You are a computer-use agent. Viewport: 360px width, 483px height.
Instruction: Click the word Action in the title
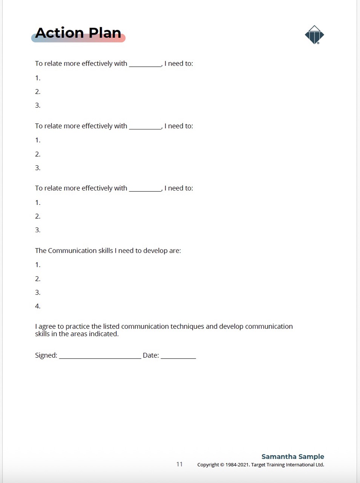[60, 33]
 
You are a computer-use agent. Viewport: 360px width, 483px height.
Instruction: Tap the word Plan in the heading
[105, 33]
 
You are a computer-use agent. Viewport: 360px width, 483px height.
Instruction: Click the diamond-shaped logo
[314, 35]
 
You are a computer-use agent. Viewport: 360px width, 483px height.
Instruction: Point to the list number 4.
[37, 306]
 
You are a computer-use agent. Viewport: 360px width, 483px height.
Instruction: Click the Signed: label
[46, 355]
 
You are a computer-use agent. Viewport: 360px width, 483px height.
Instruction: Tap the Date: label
[151, 355]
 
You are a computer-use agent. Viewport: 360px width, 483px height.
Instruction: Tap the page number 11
[179, 464]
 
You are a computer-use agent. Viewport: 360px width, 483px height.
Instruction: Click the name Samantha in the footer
[279, 457]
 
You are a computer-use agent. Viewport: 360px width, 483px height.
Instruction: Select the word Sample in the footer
[311, 457]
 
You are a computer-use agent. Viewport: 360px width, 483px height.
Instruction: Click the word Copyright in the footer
[208, 465]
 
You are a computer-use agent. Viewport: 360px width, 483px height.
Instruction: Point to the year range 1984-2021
[237, 465]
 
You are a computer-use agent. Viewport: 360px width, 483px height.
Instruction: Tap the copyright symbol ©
[222, 465]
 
